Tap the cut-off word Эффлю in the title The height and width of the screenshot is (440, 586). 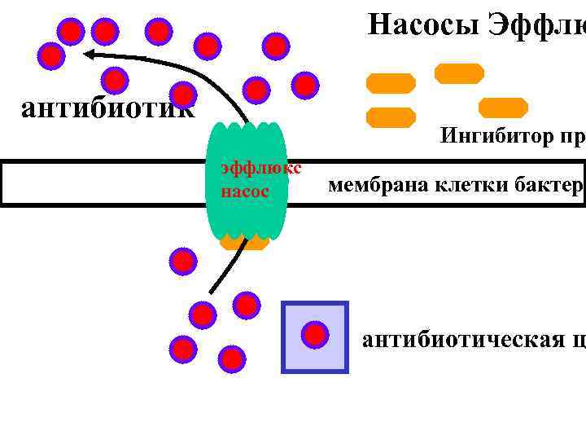tap(537, 24)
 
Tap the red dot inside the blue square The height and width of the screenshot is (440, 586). tap(315, 334)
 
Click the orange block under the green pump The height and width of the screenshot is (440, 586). tap(244, 242)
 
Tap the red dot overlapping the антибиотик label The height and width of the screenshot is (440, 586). tap(184, 95)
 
